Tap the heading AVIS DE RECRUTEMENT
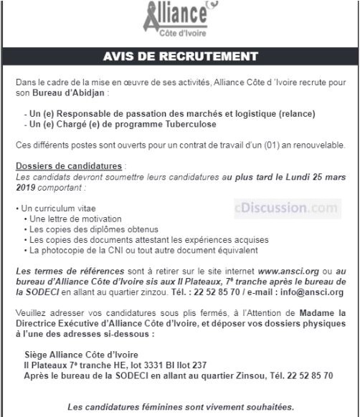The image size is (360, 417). [180, 56]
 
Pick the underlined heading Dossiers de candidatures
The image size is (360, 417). [70, 166]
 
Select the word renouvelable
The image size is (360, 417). [314, 145]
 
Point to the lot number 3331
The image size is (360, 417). [158, 365]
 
